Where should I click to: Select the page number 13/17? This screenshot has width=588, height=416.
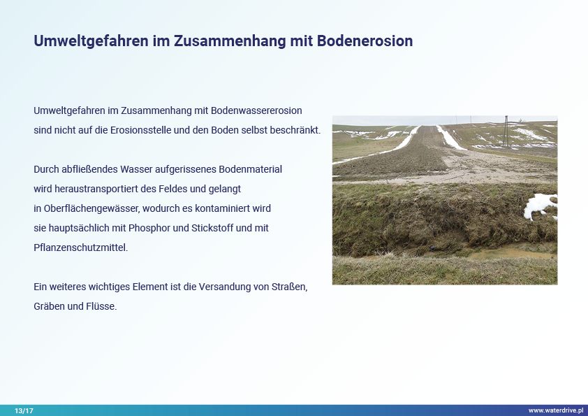pyautogui.click(x=24, y=410)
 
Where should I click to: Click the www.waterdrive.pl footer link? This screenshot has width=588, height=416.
pyautogui.click(x=556, y=410)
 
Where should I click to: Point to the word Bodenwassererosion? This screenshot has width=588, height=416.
pyautogui.click(x=256, y=110)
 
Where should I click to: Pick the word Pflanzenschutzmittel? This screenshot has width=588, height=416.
pyautogui.click(x=80, y=248)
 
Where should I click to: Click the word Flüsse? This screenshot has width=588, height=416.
pyautogui.click(x=101, y=306)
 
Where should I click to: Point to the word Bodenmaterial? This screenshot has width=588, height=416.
pyautogui.click(x=250, y=169)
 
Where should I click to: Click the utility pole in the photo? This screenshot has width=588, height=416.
pyautogui.click(x=506, y=131)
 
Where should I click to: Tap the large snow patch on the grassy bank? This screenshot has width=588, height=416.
pyautogui.click(x=539, y=206)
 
